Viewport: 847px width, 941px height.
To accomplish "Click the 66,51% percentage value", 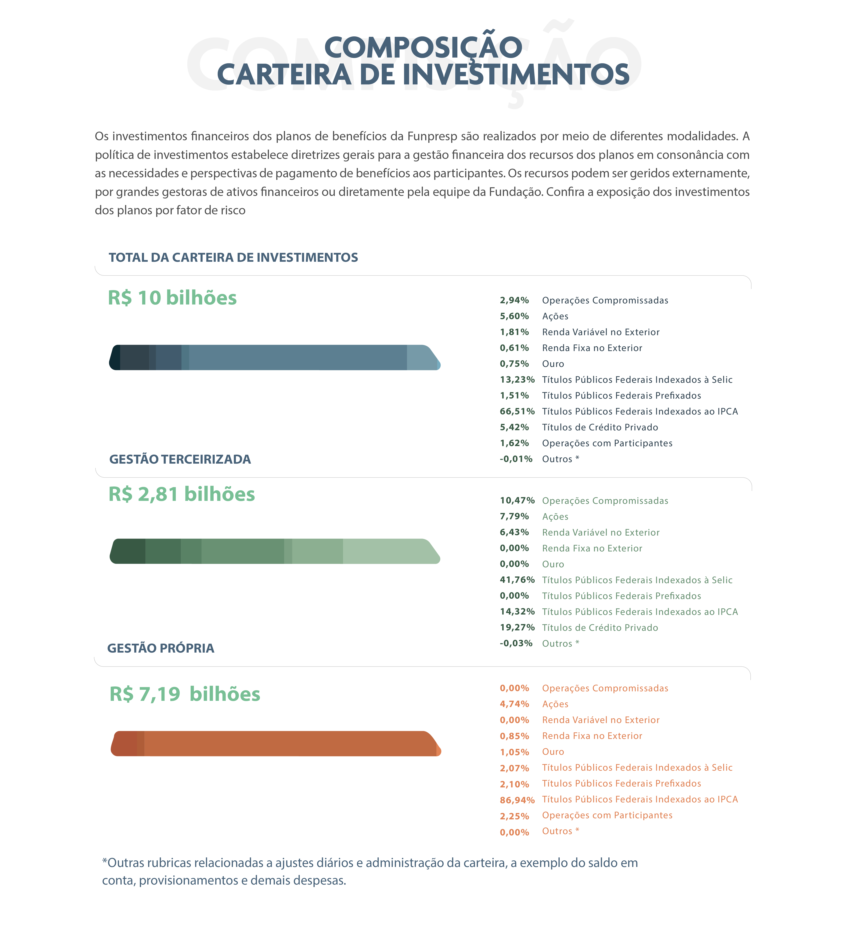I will click(517, 411).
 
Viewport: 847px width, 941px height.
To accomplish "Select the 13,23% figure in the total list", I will click(517, 380).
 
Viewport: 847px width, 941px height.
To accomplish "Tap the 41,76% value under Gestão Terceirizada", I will click(517, 580).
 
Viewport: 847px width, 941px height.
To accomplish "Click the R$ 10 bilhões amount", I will click(172, 298).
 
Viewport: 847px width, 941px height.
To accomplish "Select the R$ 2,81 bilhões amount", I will click(181, 494).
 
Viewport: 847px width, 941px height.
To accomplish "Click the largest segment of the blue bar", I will click(298, 357).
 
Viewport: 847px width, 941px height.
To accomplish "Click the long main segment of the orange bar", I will click(289, 743).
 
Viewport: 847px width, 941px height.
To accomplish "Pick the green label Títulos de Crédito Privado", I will click(600, 627).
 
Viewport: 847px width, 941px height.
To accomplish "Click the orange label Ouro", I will click(553, 752).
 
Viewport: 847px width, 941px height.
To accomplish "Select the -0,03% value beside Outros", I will click(516, 643).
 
